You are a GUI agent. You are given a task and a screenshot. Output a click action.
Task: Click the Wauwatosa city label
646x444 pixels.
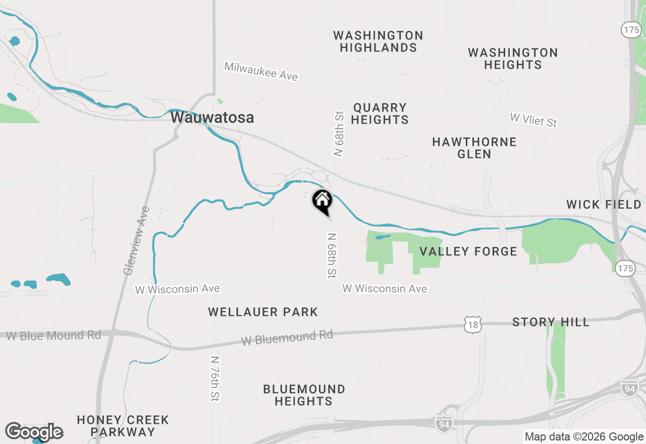(x=212, y=118)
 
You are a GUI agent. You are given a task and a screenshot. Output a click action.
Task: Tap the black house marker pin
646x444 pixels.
(x=322, y=201)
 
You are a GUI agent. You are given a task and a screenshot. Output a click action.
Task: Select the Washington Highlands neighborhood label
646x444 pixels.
(x=378, y=41)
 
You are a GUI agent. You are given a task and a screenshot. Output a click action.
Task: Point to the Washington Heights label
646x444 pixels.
(x=513, y=59)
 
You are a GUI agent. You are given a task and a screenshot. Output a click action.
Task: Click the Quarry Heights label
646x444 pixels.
(x=380, y=114)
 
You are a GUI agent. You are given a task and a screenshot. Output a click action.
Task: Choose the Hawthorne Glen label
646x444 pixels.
(x=474, y=148)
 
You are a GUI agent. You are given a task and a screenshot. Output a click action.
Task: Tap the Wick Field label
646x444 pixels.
(x=604, y=204)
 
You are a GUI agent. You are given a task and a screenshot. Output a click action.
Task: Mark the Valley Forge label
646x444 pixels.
(x=468, y=251)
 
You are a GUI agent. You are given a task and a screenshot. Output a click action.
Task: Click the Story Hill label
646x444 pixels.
(x=551, y=322)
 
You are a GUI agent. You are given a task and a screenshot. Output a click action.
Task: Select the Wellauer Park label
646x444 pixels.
(x=263, y=312)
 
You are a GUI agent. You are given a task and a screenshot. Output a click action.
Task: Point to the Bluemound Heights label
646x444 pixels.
(x=304, y=395)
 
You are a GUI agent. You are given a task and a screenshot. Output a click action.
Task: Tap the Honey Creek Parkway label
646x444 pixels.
(x=123, y=426)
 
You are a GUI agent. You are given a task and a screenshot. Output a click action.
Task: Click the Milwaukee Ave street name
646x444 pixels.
(x=261, y=71)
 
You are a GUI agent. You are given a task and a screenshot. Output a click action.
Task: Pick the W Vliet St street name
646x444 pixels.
(x=533, y=120)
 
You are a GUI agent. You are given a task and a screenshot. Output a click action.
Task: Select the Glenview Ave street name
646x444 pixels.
(x=137, y=240)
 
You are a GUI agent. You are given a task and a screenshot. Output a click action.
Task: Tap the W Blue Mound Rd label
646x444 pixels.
(x=53, y=336)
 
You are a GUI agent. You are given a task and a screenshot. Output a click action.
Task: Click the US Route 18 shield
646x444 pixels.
(x=473, y=325)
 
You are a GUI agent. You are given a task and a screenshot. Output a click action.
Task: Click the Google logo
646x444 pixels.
(x=34, y=432)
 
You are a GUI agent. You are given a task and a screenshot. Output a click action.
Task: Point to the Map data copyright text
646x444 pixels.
(x=584, y=437)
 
